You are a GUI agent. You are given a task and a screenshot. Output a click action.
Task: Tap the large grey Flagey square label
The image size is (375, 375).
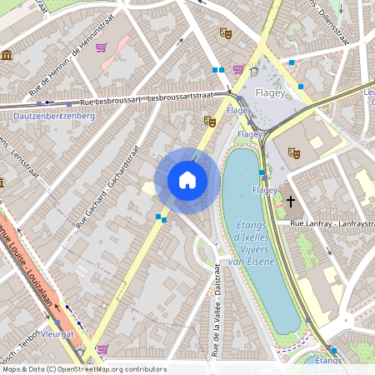(270, 92)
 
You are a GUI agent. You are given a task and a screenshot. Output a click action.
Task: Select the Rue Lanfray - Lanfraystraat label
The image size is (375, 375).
(330, 223)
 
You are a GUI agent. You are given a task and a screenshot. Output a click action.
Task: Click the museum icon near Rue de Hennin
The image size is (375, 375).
(7, 55)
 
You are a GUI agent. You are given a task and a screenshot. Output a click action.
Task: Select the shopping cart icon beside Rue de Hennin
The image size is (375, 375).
(101, 48)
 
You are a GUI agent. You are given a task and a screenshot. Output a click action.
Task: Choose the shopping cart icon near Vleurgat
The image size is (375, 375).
(102, 349)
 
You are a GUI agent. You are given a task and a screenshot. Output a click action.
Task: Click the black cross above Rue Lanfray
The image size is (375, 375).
(291, 201)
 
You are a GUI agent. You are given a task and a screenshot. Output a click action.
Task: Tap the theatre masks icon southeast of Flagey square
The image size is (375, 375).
(292, 152)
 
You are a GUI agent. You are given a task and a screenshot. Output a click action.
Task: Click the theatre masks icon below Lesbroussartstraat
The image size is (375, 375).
(209, 122)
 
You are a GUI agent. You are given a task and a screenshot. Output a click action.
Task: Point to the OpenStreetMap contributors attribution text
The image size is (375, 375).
(83, 369)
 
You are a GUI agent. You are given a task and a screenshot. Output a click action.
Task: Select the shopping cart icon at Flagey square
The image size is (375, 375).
(238, 70)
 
